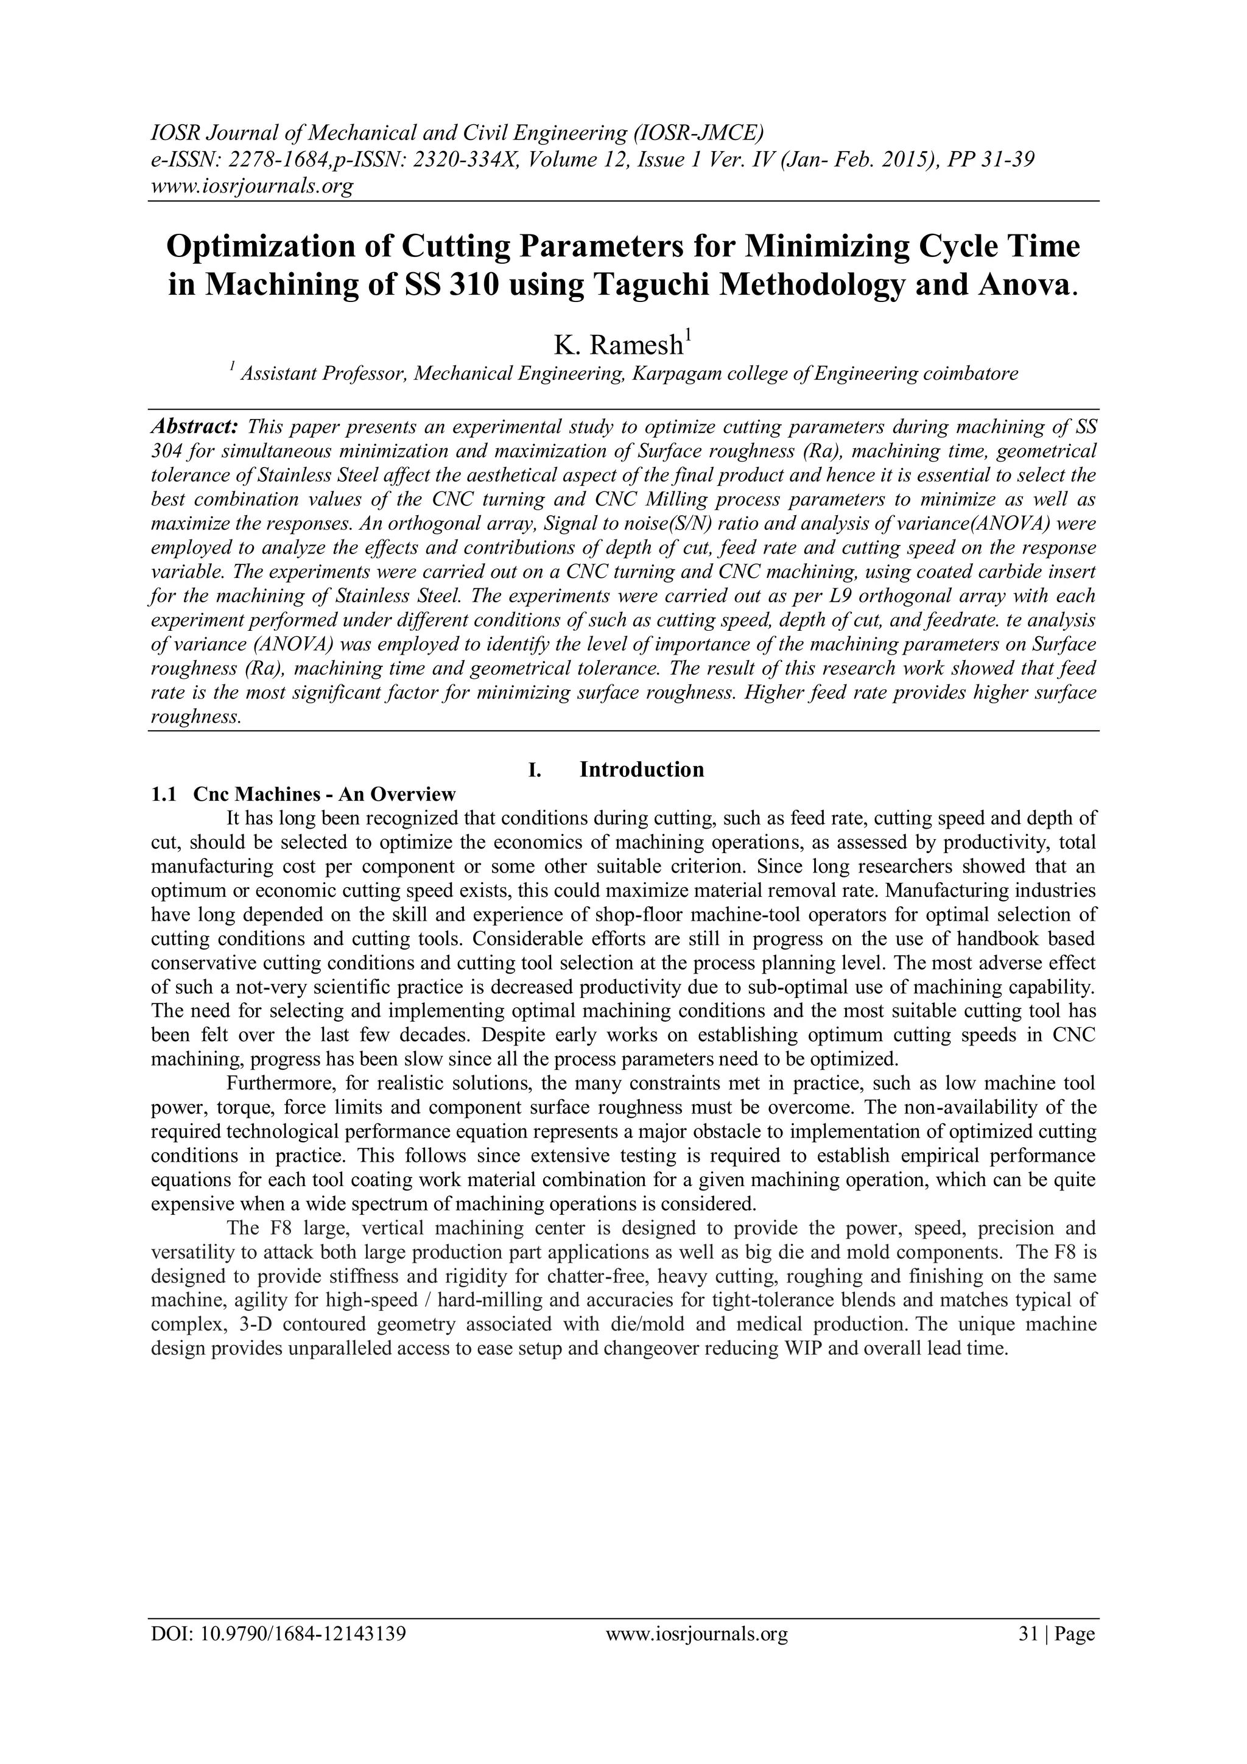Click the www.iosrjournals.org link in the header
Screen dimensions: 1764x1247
point(250,186)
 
